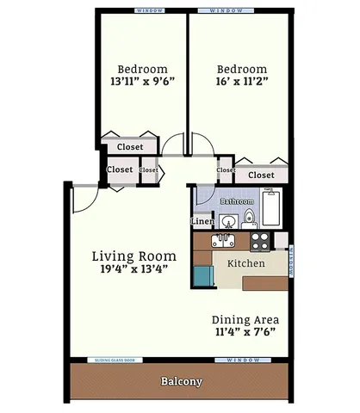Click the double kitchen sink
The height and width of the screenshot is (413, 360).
point(226,241)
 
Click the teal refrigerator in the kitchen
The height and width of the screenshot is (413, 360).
point(202,275)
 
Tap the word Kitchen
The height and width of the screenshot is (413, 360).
point(245,263)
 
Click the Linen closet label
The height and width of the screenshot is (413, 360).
point(202,222)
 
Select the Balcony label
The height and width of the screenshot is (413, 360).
point(181,381)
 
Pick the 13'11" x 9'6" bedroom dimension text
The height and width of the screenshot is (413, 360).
point(142,83)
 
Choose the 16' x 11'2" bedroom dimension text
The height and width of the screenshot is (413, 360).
point(241,83)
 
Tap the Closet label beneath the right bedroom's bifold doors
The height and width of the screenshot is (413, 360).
point(261,175)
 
